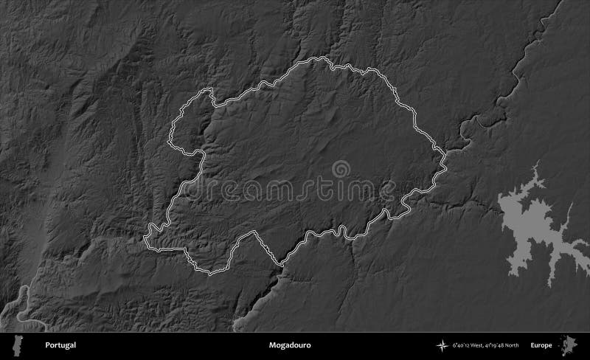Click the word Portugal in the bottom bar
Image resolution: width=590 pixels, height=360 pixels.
(x=60, y=345)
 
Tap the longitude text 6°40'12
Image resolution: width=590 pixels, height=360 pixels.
(x=463, y=345)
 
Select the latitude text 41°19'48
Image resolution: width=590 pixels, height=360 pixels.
(x=505, y=345)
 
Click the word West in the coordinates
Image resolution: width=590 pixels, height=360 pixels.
(x=483, y=345)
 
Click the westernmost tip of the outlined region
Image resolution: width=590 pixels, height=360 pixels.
(x=144, y=238)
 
